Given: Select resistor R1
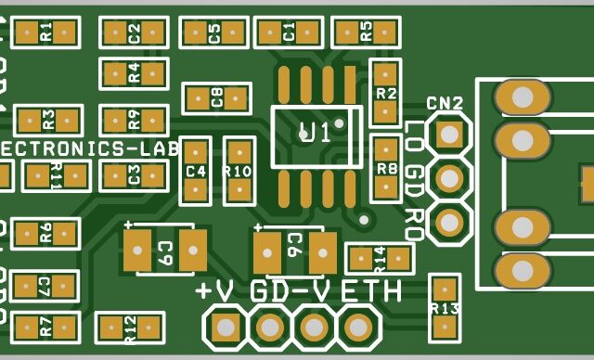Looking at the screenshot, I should coord(45,33).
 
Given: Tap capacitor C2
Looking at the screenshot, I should coord(135,33).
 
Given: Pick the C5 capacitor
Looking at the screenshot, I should coord(214,33).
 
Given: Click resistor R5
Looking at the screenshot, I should coord(366,32).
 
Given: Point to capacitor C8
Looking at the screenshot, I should coord(217,97).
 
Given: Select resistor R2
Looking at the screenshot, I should coord(384,93).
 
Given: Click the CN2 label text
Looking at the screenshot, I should coord(445,103).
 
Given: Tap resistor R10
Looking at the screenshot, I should coord(239,171).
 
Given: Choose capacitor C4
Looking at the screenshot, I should coord(195,172).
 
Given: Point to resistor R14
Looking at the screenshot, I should coord(378,257).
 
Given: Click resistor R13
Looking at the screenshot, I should coord(445,307).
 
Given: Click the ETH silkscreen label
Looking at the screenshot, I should coord(371,290).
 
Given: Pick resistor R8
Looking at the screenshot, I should coord(385,168).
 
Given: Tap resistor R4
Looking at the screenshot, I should coord(134,74).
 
